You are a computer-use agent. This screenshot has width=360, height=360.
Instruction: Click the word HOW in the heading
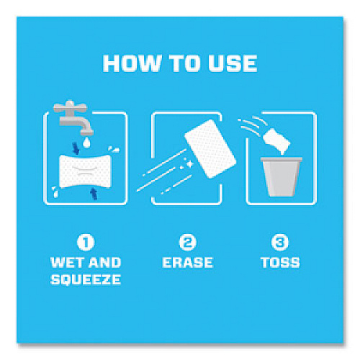click(132, 63)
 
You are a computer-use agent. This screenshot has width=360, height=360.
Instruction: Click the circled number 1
click(86, 243)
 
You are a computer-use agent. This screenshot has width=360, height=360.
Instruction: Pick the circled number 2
click(187, 243)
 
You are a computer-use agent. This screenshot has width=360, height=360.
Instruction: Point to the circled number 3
click(280, 243)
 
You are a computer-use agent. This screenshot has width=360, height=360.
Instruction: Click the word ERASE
click(187, 262)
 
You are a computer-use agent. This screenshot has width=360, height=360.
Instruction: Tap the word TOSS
click(280, 262)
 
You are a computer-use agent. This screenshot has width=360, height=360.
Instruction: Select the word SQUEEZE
click(86, 279)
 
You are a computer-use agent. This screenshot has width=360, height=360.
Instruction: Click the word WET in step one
click(64, 262)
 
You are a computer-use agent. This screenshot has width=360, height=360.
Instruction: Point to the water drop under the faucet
click(86, 143)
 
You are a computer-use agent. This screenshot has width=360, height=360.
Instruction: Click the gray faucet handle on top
click(70, 107)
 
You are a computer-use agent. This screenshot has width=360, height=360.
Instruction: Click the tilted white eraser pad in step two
click(210, 149)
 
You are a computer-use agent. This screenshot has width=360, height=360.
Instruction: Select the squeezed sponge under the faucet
click(85, 171)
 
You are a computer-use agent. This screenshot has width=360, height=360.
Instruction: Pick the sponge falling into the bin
click(277, 140)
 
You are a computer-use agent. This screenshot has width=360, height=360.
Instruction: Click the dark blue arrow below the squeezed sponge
click(94, 194)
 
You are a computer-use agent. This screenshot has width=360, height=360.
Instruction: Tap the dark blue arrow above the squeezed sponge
click(76, 148)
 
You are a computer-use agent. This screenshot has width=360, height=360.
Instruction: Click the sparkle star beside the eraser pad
click(190, 164)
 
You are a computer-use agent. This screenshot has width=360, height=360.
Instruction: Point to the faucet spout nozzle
click(86, 132)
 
